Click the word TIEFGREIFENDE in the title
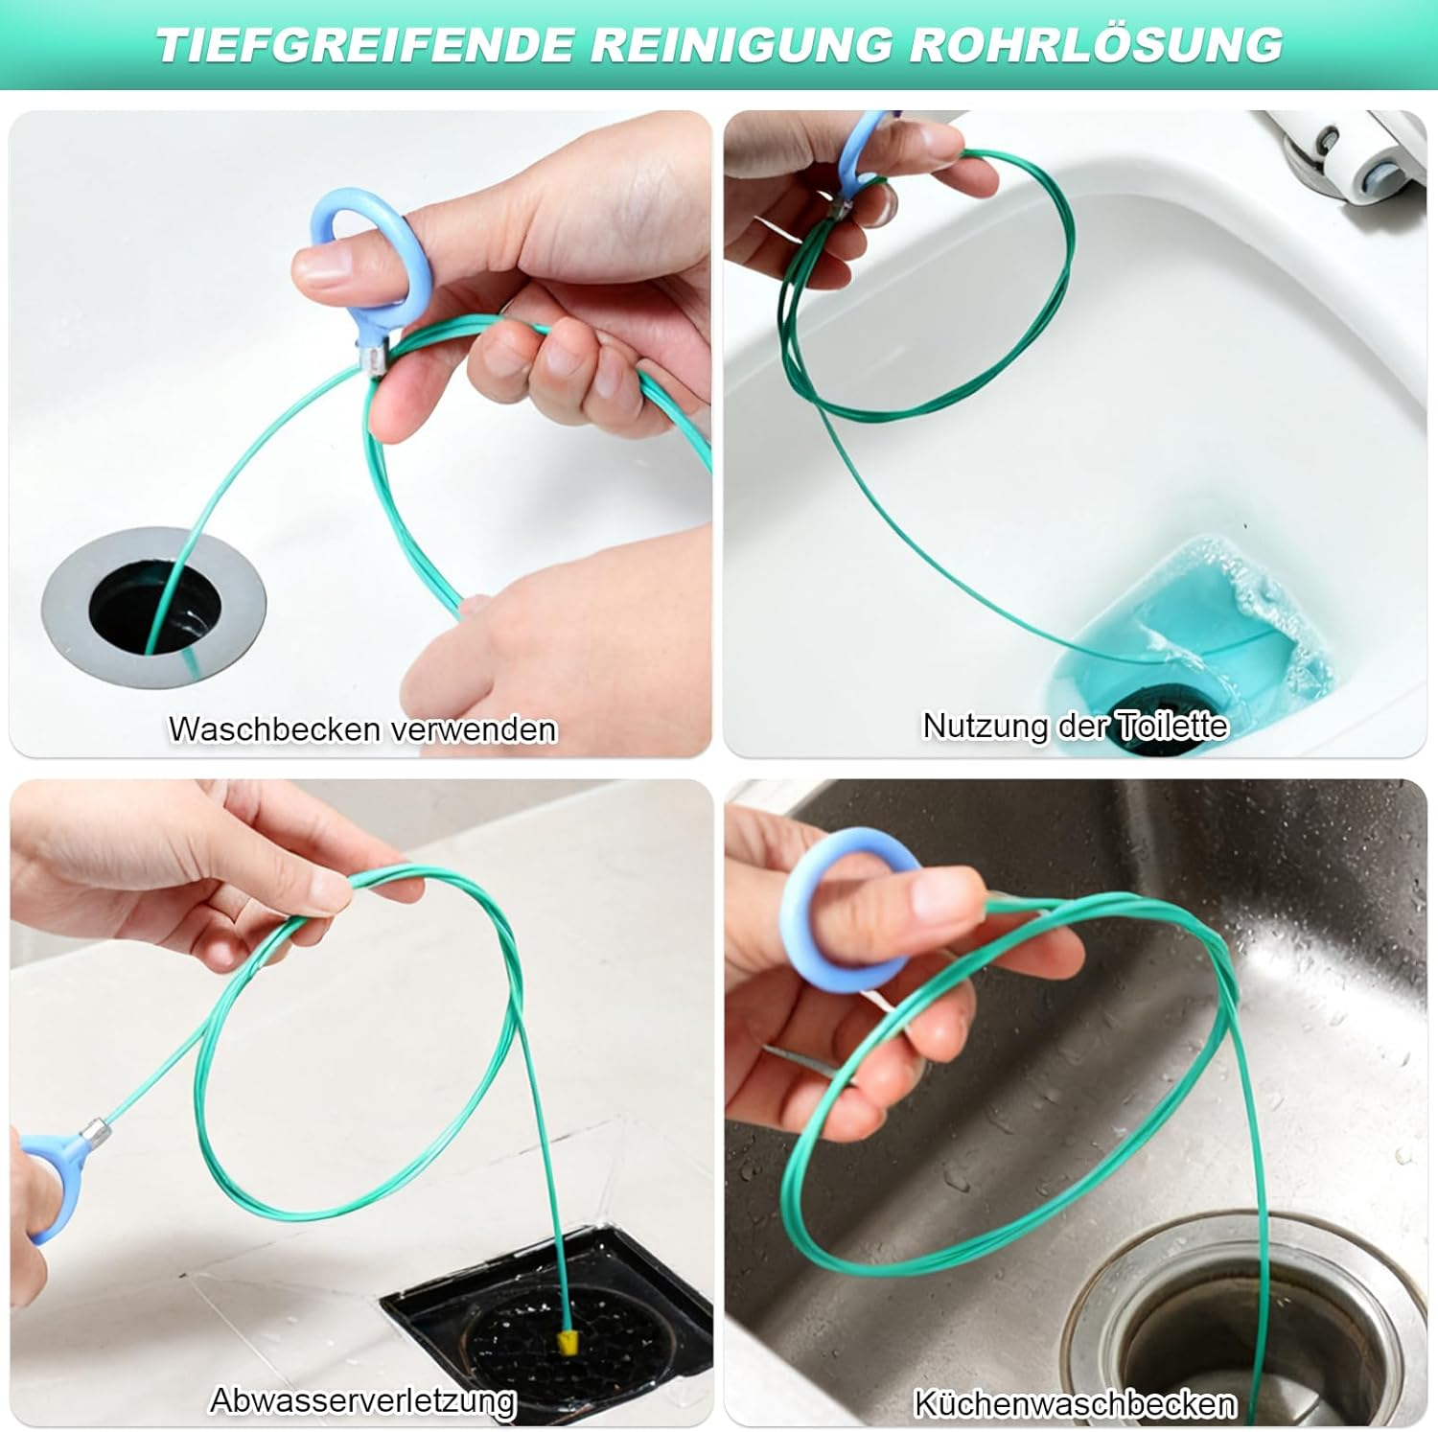(366, 45)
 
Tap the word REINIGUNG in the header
(742, 45)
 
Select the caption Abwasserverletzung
(363, 1400)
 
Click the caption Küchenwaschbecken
(1075, 1403)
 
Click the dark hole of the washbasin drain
(154, 611)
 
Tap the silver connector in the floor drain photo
(96, 1131)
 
